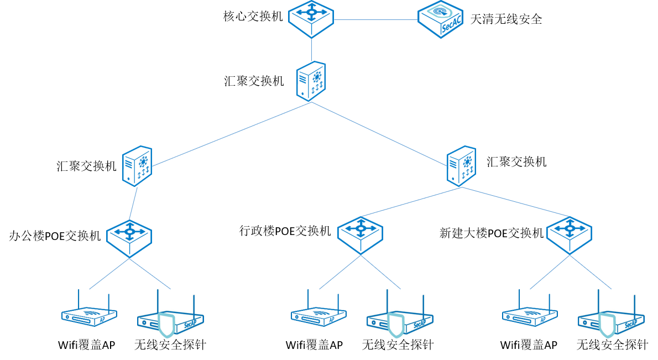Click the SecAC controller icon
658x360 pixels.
[440, 19]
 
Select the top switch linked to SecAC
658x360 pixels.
[311, 19]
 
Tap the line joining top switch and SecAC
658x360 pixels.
[376, 20]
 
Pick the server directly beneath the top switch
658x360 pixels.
[311, 81]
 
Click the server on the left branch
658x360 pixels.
[137, 165]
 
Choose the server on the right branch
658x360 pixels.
[461, 165]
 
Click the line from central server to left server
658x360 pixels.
[232, 134]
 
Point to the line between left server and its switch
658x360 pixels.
[133, 204]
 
